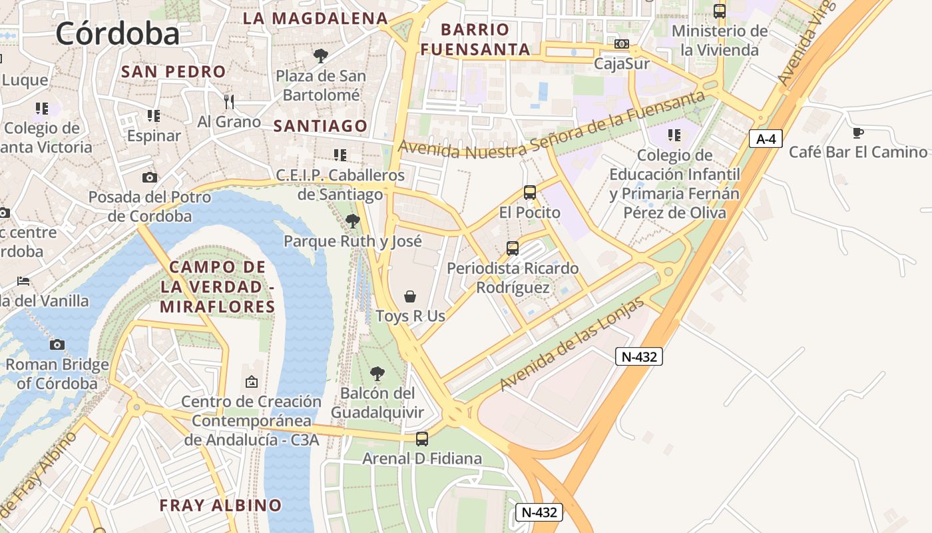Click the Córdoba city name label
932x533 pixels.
[118, 33]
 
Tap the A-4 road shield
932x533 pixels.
[766, 139]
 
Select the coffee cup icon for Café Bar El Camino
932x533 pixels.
[857, 133]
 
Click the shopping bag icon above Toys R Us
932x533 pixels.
[410, 296]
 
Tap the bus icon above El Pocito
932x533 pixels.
[530, 193]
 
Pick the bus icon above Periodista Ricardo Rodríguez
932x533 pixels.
[512, 249]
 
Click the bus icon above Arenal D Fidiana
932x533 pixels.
[421, 439]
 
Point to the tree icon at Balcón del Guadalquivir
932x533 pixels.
[377, 374]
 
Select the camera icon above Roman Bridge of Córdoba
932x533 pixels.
[57, 344]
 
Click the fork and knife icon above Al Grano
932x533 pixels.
[229, 101]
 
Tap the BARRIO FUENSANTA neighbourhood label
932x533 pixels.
[475, 39]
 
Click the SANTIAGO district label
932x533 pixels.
[320, 126]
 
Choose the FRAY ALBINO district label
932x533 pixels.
[220, 505]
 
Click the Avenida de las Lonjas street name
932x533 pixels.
[572, 344]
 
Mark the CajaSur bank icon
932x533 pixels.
[621, 44]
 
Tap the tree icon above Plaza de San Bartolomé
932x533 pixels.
[320, 55]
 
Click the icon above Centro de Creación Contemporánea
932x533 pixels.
[251, 382]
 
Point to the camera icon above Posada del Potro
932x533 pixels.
[150, 177]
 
